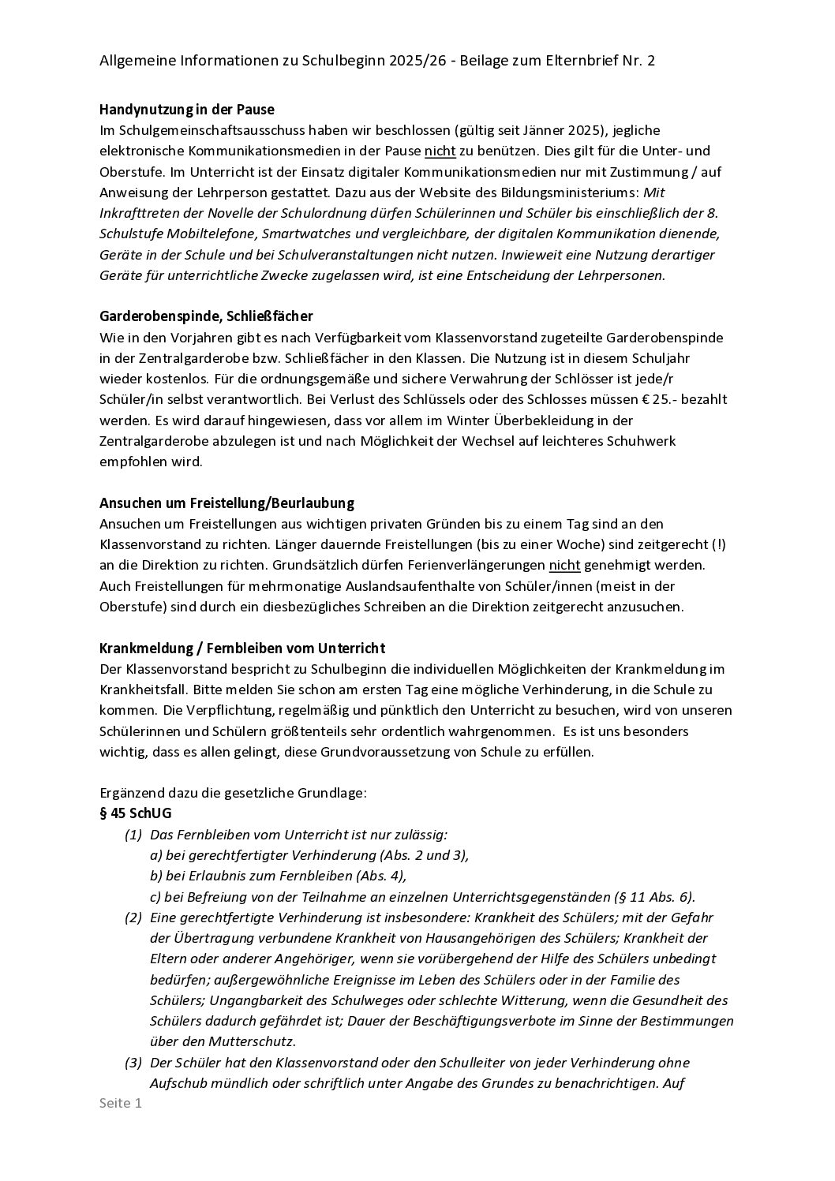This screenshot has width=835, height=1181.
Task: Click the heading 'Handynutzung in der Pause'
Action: [x=187, y=109]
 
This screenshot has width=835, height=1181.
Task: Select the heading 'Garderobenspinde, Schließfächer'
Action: [x=206, y=316]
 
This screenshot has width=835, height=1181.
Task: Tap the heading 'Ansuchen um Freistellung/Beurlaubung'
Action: [x=227, y=503]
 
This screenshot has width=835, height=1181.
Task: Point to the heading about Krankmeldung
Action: [x=242, y=648]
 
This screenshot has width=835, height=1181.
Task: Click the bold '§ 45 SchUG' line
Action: [x=135, y=813]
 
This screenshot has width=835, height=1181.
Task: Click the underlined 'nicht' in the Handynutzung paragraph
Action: [x=440, y=151]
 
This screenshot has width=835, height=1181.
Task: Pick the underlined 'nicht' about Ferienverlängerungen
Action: [x=564, y=565]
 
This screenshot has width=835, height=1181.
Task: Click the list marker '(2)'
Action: [x=133, y=918]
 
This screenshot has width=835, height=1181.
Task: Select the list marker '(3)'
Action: [x=133, y=1063]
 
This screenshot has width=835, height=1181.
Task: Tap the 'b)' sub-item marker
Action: [x=156, y=876]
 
